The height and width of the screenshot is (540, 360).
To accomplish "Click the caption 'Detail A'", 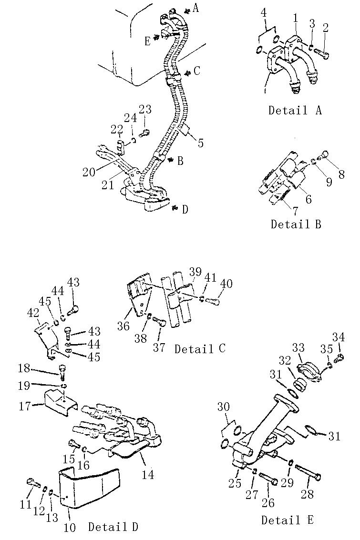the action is click(x=295, y=110).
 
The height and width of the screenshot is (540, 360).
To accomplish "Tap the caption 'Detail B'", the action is click(x=296, y=224).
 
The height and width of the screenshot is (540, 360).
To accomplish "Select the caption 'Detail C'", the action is click(x=200, y=348).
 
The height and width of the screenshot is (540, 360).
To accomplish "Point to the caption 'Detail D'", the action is click(x=113, y=527).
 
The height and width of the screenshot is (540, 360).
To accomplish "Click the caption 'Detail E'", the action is click(x=288, y=520).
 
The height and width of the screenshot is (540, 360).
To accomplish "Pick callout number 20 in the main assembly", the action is click(x=89, y=172).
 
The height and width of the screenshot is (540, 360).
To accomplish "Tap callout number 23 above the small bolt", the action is click(x=145, y=109).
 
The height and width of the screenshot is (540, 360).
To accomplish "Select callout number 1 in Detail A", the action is click(x=296, y=18).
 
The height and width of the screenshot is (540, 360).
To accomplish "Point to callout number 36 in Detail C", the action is click(x=123, y=326).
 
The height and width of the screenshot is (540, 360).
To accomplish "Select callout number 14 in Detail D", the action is click(x=148, y=475).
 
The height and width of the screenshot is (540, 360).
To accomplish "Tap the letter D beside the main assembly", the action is click(x=185, y=209).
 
